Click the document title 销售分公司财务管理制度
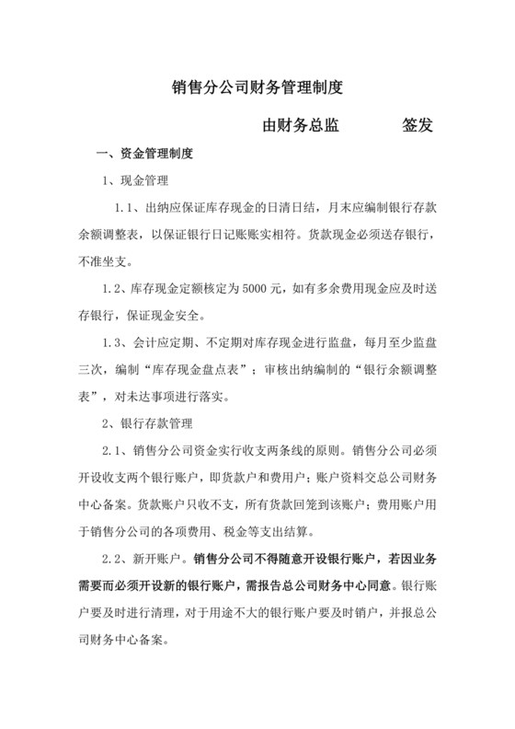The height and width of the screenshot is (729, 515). pyautogui.click(x=257, y=88)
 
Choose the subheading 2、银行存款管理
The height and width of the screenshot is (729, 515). pyautogui.click(x=148, y=423)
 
